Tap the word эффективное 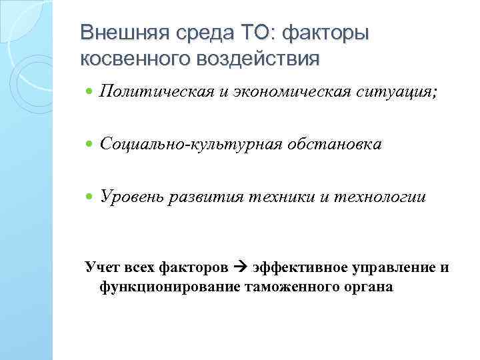[293, 268]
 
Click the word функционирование [170, 287]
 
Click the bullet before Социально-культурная [90, 145]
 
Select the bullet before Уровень [90, 197]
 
